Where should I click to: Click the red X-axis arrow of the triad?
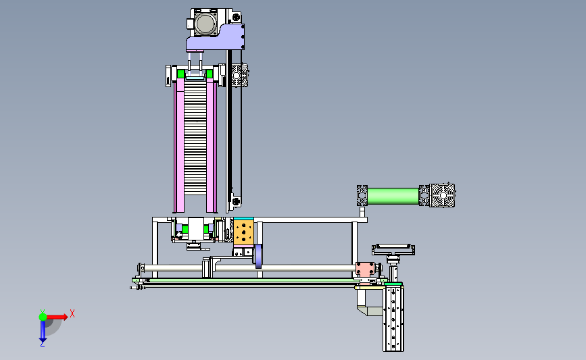[57, 317]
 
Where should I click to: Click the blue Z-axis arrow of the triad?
[43, 331]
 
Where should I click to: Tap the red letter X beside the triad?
[72, 313]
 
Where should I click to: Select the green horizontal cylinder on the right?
[393, 196]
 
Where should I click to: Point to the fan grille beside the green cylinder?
[442, 195]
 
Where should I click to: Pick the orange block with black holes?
[243, 232]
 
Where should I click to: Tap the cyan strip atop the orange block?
[243, 218]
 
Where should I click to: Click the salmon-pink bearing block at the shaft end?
[365, 269]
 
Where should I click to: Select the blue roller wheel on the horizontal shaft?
[258, 256]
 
